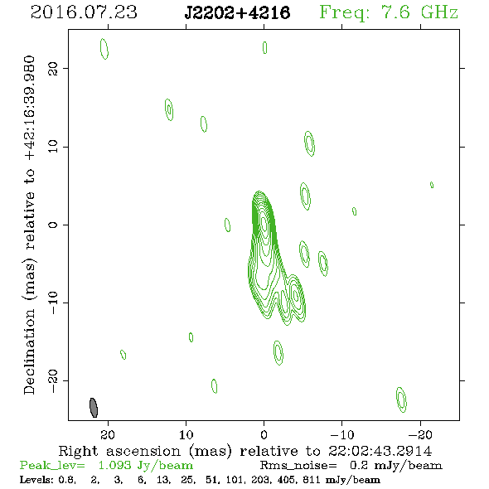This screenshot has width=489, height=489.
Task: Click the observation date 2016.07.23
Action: (x=84, y=12)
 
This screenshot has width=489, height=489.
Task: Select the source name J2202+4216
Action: (x=237, y=12)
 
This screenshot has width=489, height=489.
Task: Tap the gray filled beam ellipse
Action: (x=94, y=407)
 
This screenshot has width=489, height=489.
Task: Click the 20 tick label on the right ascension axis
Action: (x=108, y=434)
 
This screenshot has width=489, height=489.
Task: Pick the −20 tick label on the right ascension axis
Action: (x=420, y=434)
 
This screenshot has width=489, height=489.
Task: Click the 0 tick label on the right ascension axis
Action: (x=264, y=434)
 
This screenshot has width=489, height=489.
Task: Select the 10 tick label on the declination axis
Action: (x=53, y=147)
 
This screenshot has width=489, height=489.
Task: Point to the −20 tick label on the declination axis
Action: (x=53, y=381)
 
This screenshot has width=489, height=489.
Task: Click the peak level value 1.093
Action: (x=114, y=465)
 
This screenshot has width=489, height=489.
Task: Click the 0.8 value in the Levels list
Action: (x=67, y=479)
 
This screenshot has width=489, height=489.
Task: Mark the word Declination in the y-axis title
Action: (x=29, y=352)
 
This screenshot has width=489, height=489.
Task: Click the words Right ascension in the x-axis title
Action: (x=119, y=451)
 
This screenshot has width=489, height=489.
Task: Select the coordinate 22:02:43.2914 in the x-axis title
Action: (x=380, y=451)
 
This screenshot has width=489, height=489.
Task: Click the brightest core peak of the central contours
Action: (x=264, y=224)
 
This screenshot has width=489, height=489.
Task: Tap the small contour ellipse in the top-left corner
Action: (x=104, y=49)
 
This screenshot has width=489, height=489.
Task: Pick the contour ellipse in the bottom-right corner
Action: (x=401, y=399)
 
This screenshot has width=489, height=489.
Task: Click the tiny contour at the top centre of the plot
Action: (x=264, y=47)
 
